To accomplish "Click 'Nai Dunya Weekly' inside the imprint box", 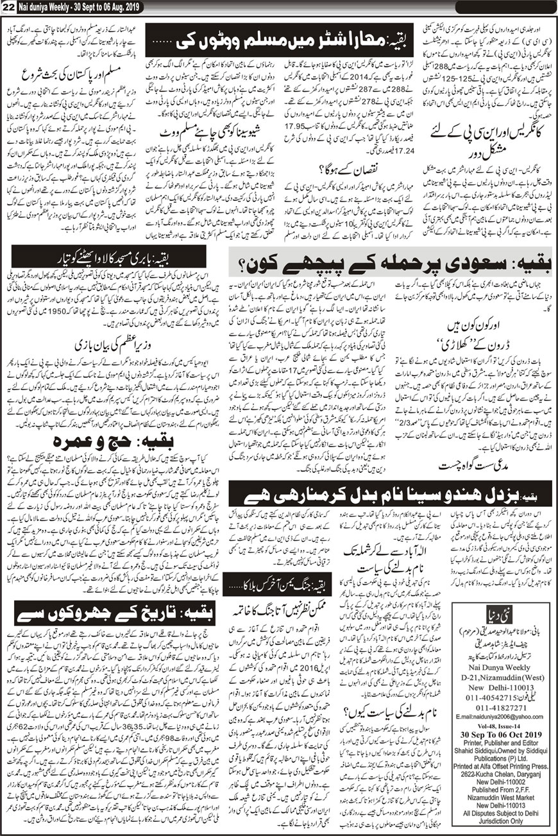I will (503, 682).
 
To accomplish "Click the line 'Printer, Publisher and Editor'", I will (503, 759).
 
